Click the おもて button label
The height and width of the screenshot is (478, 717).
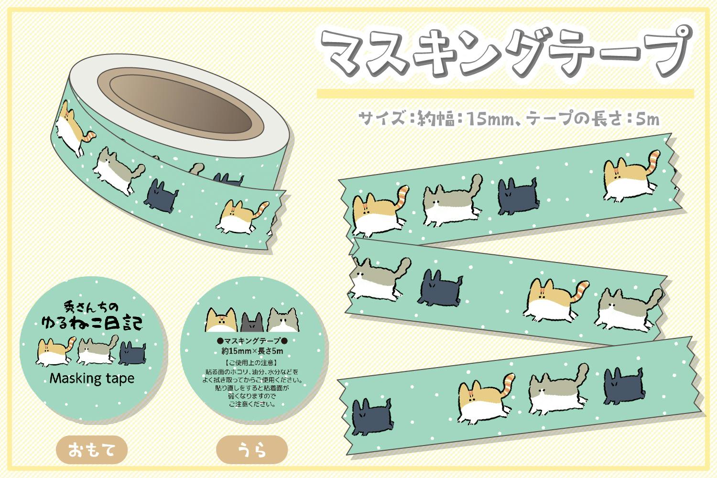pyautogui.click(x=92, y=450)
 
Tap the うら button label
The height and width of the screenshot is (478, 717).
pyautogui.click(x=252, y=450)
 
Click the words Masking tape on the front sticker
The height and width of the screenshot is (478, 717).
pyautogui.click(x=92, y=379)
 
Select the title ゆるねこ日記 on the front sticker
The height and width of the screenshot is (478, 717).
pyautogui.click(x=92, y=323)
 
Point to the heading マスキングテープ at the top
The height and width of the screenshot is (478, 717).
pyautogui.click(x=506, y=53)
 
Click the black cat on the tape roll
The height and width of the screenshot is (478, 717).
pyautogui.click(x=161, y=196)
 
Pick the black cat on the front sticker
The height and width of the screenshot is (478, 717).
pyautogui.click(x=132, y=353)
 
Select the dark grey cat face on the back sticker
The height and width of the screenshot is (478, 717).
pyautogui.click(x=252, y=322)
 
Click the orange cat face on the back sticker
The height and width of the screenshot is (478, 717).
pyautogui.click(x=221, y=320)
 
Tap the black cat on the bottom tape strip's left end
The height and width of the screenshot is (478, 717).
pyautogui.click(x=372, y=416)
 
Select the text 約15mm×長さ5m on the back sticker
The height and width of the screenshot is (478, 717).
pyautogui.click(x=252, y=351)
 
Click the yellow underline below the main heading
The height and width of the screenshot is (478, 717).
pyautogui.click(x=505, y=94)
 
